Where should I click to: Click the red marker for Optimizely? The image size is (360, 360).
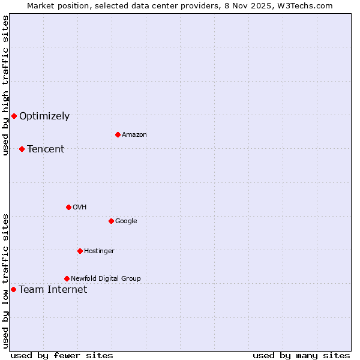(x=14, y=116)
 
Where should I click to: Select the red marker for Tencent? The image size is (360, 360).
(x=22, y=149)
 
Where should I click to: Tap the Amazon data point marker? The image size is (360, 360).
(x=118, y=134)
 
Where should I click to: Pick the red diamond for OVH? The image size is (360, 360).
(x=68, y=207)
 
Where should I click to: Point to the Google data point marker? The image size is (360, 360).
(x=111, y=221)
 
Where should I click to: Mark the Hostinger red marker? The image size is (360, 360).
(x=80, y=251)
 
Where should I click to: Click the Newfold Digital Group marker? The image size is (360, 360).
(x=67, y=278)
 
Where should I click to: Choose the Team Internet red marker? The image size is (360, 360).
(x=13, y=289)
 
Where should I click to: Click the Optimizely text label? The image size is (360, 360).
(x=44, y=116)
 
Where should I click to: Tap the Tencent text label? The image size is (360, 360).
(x=46, y=149)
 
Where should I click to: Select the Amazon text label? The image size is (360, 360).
(x=134, y=135)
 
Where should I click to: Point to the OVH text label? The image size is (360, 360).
(x=80, y=208)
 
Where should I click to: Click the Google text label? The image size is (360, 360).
(x=126, y=221)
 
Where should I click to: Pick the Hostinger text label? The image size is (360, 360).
(x=99, y=251)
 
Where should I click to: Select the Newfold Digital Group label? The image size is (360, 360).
(x=106, y=279)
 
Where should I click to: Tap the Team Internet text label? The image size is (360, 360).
(x=53, y=290)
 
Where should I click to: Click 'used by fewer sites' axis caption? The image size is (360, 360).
(x=62, y=356)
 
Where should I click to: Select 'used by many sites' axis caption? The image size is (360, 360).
(x=301, y=356)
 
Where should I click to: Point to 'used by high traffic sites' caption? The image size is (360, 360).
(x=5, y=85)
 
